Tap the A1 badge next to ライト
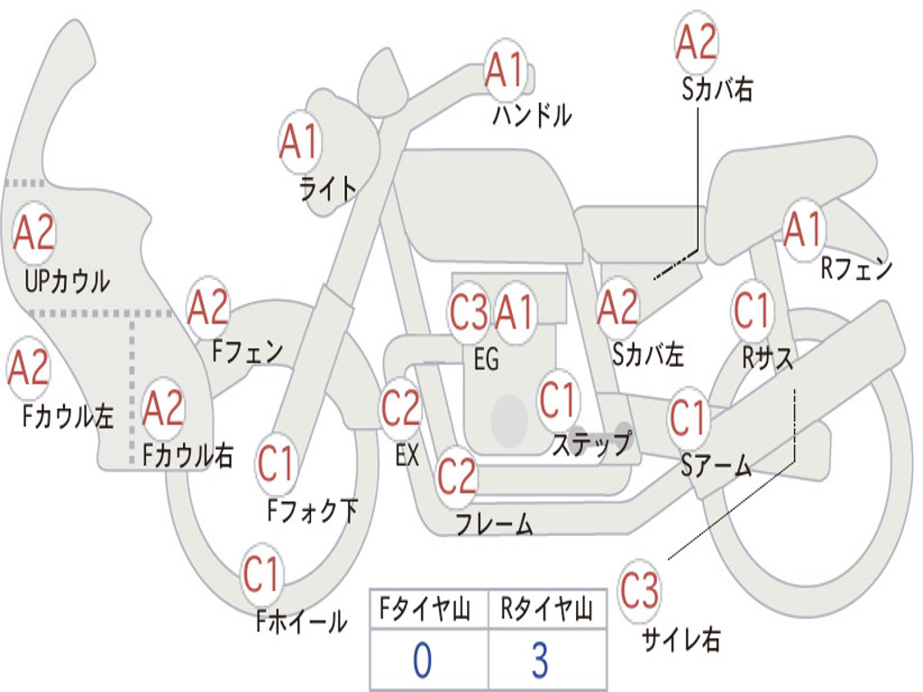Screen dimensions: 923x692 coord(300,141)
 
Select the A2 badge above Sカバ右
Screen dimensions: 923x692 coord(696,42)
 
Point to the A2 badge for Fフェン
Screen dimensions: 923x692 coord(208,308)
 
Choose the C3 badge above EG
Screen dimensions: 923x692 coord(469,313)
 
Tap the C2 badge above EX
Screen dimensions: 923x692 coord(400,409)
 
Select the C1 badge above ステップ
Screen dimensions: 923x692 coord(558,399)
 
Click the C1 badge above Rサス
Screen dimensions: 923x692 coord(752,310)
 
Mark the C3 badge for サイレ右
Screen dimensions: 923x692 coord(639,592)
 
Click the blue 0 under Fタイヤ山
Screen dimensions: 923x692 coord(423,660)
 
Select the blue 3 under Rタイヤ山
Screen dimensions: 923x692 coord(539,660)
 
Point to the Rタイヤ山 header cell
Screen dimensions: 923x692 coord(546,610)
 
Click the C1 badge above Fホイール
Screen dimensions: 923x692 coord(262,573)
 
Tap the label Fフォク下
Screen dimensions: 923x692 coord(312,511)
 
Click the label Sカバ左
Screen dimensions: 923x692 coord(648,354)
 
